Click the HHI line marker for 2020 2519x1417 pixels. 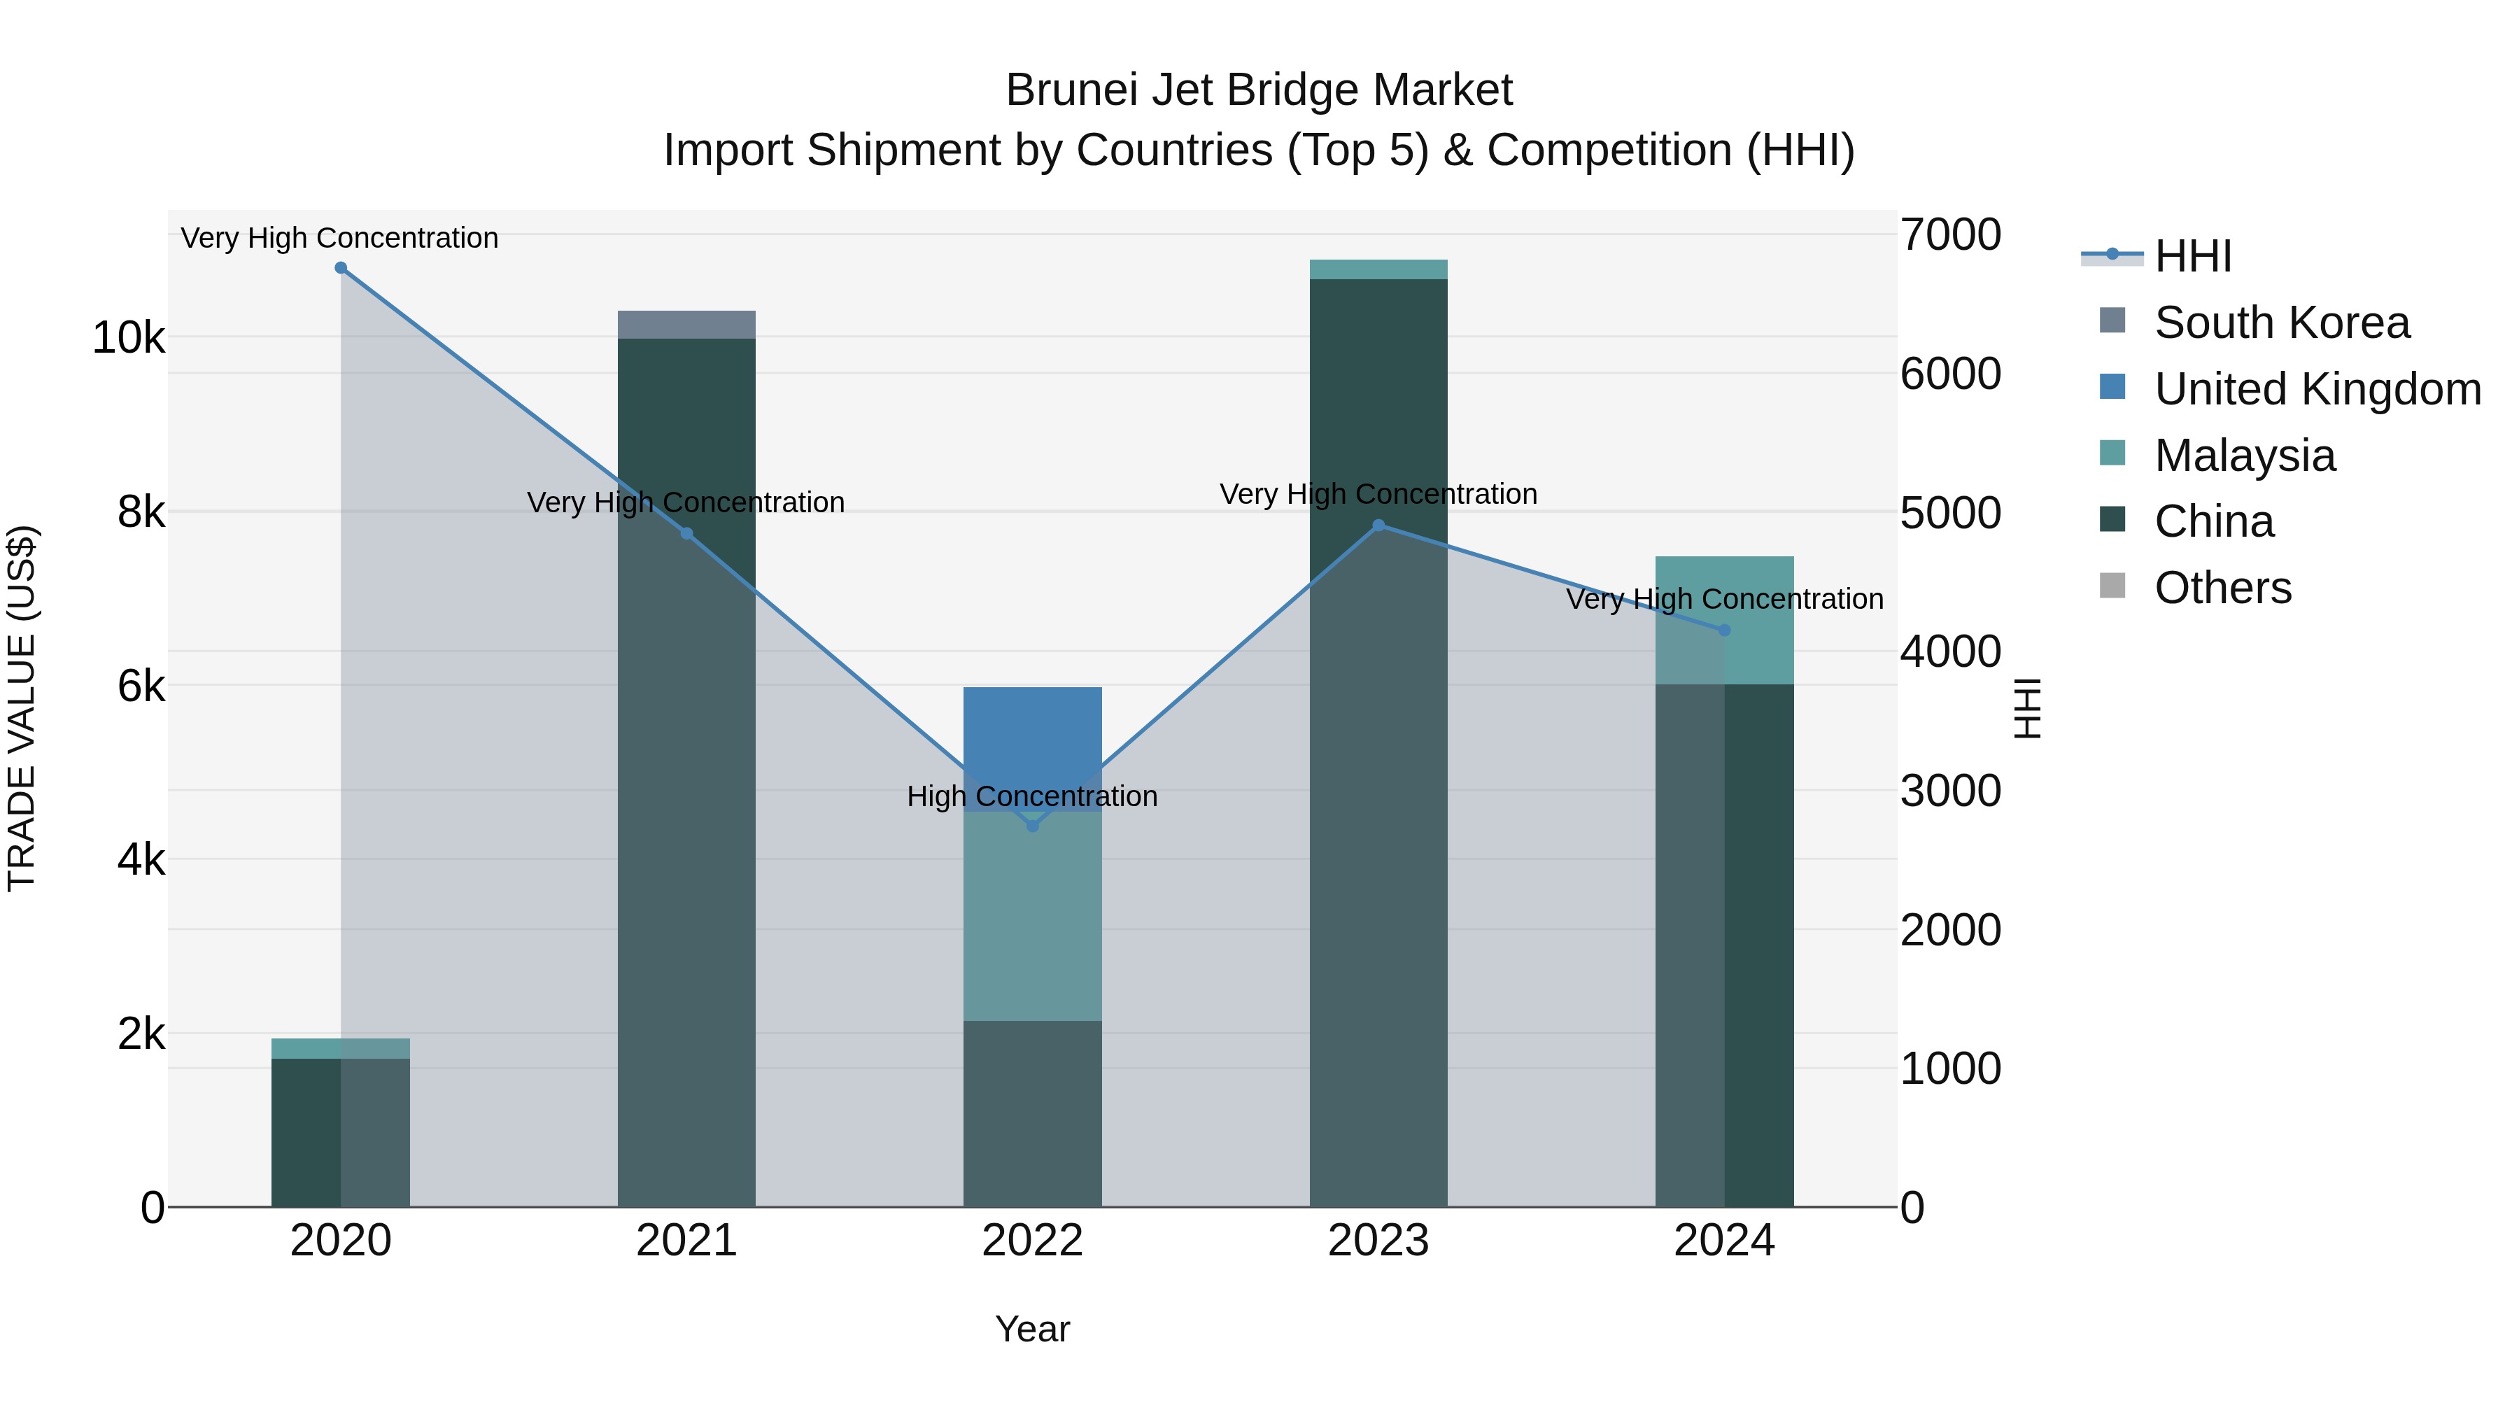coord(340,268)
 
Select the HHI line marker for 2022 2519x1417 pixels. coord(1033,826)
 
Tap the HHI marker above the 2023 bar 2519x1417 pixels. coord(1378,525)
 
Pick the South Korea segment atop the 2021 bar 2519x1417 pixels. coord(686,325)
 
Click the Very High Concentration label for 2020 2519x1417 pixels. coord(339,238)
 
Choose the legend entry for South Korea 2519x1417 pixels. coord(2281,323)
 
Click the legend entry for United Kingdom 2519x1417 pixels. coord(2317,389)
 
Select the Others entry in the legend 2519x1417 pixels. coord(2223,588)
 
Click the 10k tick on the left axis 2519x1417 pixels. coord(129,339)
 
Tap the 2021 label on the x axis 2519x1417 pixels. coord(686,1241)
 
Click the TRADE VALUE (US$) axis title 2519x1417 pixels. coord(22,708)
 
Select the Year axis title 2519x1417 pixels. coord(1033,1329)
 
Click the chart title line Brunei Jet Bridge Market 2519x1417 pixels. coord(1259,90)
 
